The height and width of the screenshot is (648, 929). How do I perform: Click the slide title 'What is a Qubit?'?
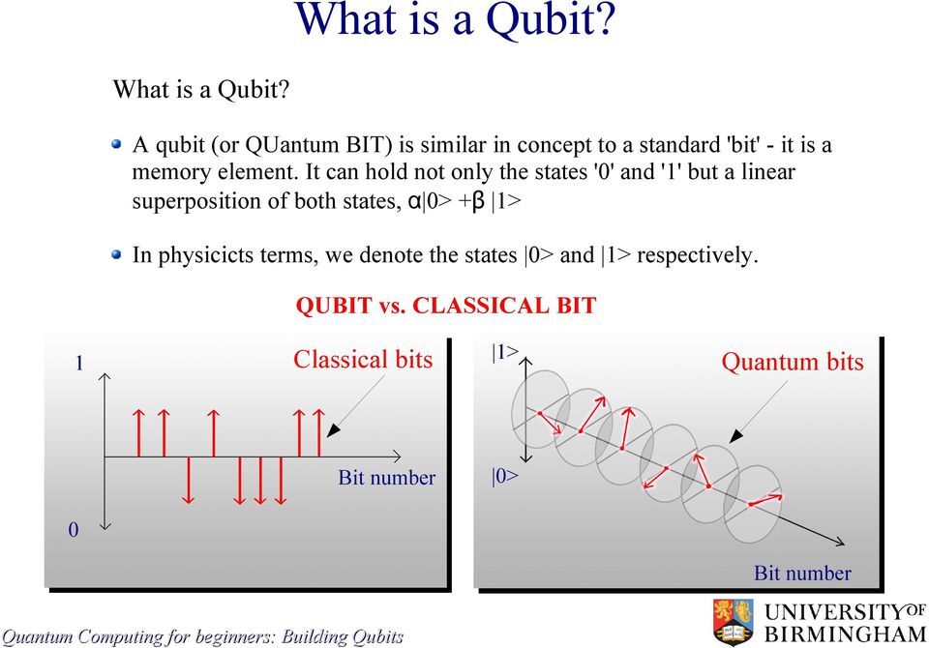(x=455, y=20)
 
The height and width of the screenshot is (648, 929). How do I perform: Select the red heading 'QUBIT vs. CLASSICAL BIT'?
(x=445, y=306)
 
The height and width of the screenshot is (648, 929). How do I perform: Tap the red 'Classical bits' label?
(x=363, y=360)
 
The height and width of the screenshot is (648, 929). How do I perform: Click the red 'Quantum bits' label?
(x=793, y=362)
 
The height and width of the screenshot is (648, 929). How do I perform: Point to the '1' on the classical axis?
(x=78, y=363)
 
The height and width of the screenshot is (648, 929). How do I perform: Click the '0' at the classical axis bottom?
(x=73, y=530)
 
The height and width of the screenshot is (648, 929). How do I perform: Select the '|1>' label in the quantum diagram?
(x=505, y=352)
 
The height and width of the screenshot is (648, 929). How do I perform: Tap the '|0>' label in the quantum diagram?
(x=504, y=476)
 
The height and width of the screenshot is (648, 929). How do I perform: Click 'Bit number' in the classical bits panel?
(x=386, y=478)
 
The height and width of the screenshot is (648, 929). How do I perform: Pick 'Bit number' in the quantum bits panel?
(x=802, y=573)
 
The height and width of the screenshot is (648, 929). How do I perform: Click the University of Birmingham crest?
(x=734, y=621)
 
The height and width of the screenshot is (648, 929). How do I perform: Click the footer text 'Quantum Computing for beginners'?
(x=138, y=636)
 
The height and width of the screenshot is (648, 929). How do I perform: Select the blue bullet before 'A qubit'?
(x=117, y=144)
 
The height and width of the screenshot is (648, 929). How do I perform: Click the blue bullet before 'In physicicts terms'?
(x=117, y=254)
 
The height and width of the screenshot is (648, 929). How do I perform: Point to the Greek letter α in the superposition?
(x=414, y=201)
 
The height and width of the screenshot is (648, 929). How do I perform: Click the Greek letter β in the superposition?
(x=478, y=201)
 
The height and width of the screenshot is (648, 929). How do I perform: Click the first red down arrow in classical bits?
(x=188, y=481)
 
